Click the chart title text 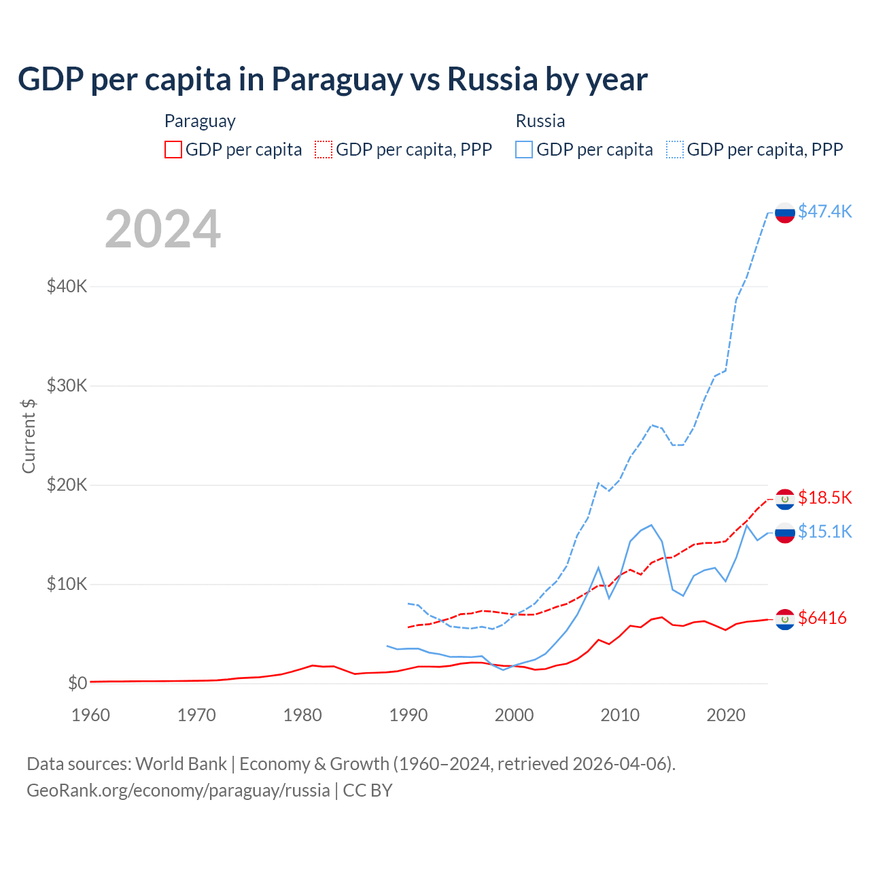[332, 80]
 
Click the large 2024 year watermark [163, 229]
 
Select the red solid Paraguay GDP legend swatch [173, 150]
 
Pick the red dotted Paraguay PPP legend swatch [324, 150]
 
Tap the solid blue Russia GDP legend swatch [524, 150]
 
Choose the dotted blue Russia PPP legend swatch [675, 150]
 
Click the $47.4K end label [824, 211]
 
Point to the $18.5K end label [824, 498]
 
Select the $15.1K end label [824, 532]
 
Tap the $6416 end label [822, 618]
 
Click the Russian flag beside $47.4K [785, 213]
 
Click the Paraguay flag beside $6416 [785, 619]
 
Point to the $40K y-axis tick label [67, 286]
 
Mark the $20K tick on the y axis [67, 485]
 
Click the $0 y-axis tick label [77, 683]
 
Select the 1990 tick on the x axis [408, 715]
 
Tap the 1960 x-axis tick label [90, 715]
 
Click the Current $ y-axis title [29, 436]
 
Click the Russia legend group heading [540, 121]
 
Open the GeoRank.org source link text [178, 790]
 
